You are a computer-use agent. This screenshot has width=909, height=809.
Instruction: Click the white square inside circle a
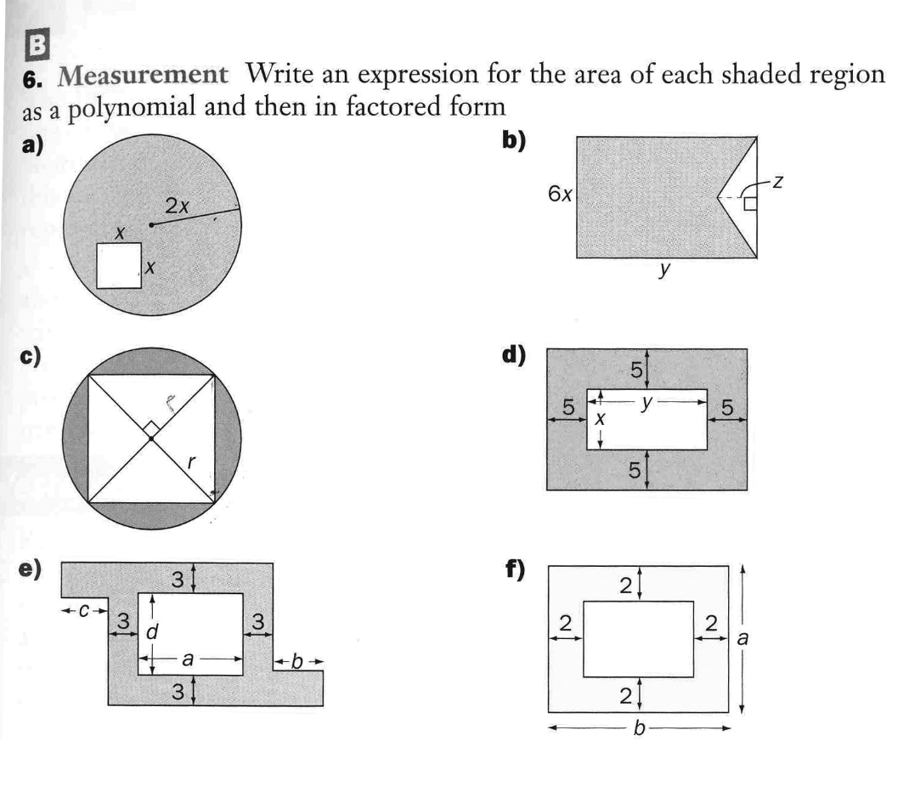tap(118, 266)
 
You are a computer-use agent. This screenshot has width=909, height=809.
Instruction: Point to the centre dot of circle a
tap(151, 225)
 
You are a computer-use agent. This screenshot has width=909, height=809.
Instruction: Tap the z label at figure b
tap(776, 181)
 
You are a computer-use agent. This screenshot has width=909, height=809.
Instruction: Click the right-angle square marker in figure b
tap(749, 203)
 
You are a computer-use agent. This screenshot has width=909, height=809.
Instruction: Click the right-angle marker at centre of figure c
tap(150, 427)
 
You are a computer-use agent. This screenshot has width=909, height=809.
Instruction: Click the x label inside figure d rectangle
tap(599, 420)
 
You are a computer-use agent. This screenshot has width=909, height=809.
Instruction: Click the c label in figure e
tap(84, 610)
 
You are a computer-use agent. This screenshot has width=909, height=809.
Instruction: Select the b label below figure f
tap(639, 727)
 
